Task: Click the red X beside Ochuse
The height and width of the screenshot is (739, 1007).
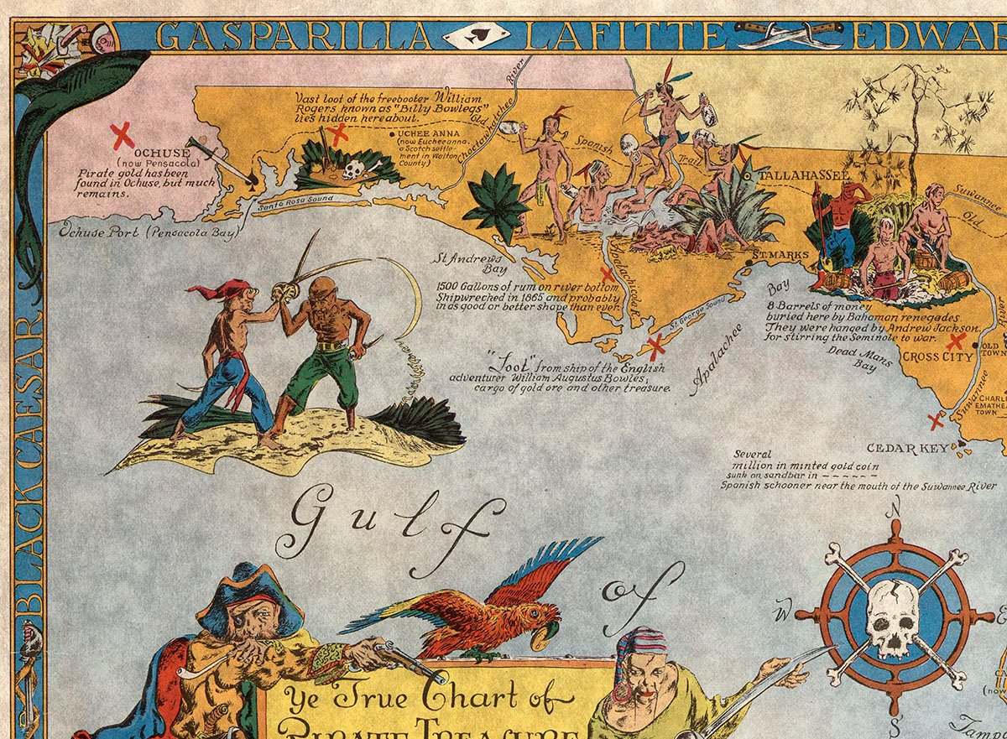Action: pyautogui.click(x=123, y=133)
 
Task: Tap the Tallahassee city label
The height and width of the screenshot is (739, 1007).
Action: pyautogui.click(x=805, y=174)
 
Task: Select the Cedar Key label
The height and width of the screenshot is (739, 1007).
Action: pyautogui.click(x=907, y=448)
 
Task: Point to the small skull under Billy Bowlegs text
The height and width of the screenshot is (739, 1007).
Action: pyautogui.click(x=352, y=171)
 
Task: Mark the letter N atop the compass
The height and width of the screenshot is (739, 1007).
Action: pyautogui.click(x=895, y=505)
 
